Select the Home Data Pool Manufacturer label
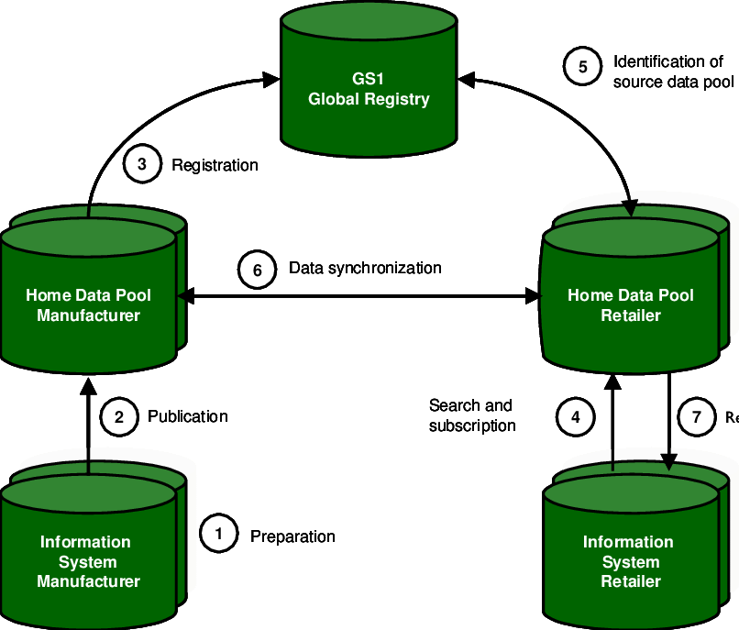coord(88,305)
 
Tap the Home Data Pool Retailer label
coord(631,305)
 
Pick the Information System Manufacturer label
coord(88,561)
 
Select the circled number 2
coord(118,417)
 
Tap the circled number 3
coord(141,165)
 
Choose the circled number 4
coord(576,417)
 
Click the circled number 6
coord(257,270)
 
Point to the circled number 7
coord(697,417)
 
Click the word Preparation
coord(292,536)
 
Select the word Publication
coord(188,416)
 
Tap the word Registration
coord(215,165)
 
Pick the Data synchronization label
coord(365,268)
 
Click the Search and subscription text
coord(471,415)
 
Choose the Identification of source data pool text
coord(673,72)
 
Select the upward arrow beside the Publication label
coord(88,422)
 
